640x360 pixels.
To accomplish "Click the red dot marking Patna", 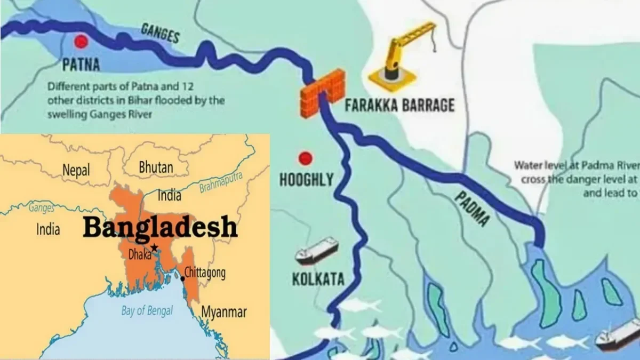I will tap(81, 41).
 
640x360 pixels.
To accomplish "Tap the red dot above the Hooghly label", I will tap(305, 158).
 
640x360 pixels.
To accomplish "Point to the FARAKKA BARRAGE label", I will tap(399, 105).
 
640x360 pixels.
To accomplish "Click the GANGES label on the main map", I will tap(159, 34).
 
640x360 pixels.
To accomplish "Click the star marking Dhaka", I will tap(154, 247).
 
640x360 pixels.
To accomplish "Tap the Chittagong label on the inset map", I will tap(205, 273).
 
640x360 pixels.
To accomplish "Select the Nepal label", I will tap(76, 170).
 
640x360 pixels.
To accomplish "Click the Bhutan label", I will tap(156, 167).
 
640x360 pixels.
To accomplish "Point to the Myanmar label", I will tap(223, 311).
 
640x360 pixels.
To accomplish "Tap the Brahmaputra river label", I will tap(221, 182).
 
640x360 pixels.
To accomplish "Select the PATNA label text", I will tap(81, 66).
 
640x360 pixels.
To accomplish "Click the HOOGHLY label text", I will tap(306, 180).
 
